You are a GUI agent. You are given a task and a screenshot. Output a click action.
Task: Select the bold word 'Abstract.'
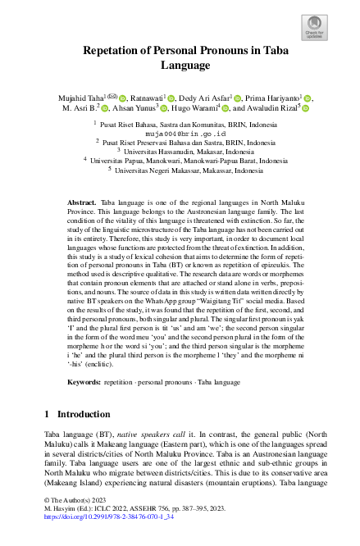coord(81,200)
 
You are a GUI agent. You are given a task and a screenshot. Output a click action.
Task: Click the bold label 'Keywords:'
coord(84,382)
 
